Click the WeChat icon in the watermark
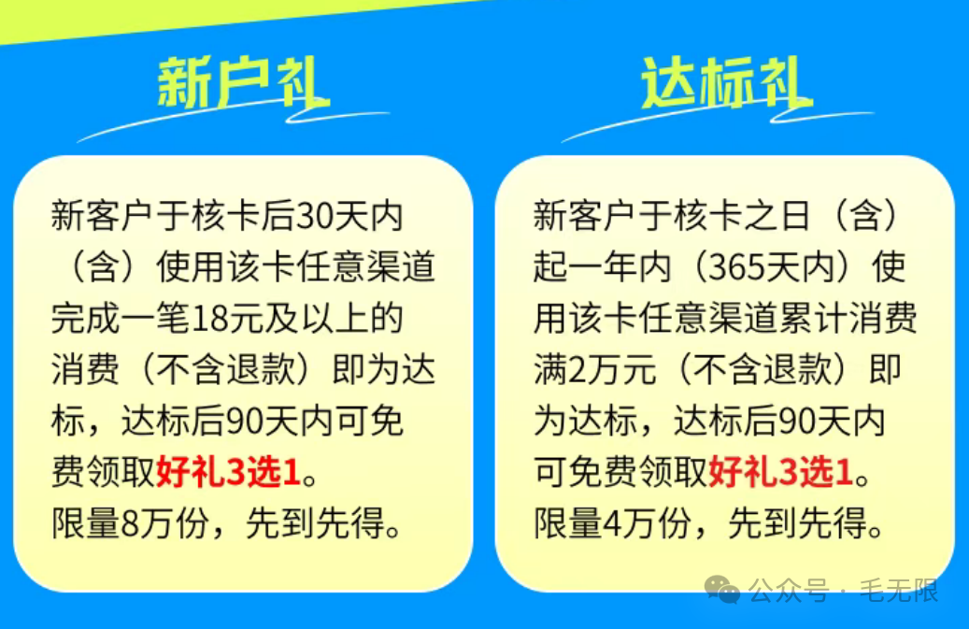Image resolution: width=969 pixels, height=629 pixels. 721,590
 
